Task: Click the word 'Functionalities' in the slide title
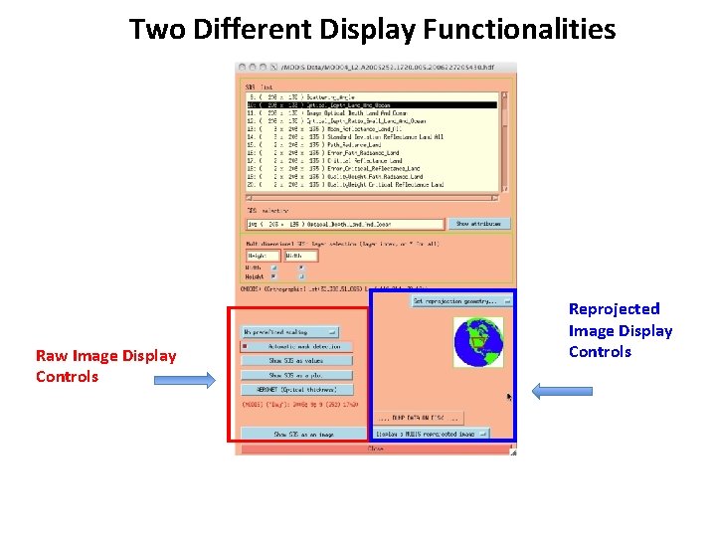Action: pyautogui.click(x=519, y=30)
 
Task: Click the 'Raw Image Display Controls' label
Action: pyautogui.click(x=105, y=366)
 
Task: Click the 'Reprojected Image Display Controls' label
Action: pyautogui.click(x=620, y=330)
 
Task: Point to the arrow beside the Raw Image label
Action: pyautogui.click(x=198, y=379)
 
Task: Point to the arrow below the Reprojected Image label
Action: pyautogui.click(x=563, y=391)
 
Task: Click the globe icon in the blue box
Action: pyautogui.click(x=478, y=342)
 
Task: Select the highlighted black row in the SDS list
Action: pyautogui.click(x=372, y=104)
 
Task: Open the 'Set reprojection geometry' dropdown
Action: pyautogui.click(x=461, y=300)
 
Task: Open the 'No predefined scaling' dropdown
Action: pyautogui.click(x=290, y=332)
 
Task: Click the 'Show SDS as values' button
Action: pyautogui.click(x=295, y=361)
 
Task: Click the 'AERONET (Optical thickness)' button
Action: pyautogui.click(x=295, y=389)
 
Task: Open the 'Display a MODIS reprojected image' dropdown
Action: pyautogui.click(x=432, y=435)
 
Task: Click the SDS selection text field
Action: pyautogui.click(x=345, y=225)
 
